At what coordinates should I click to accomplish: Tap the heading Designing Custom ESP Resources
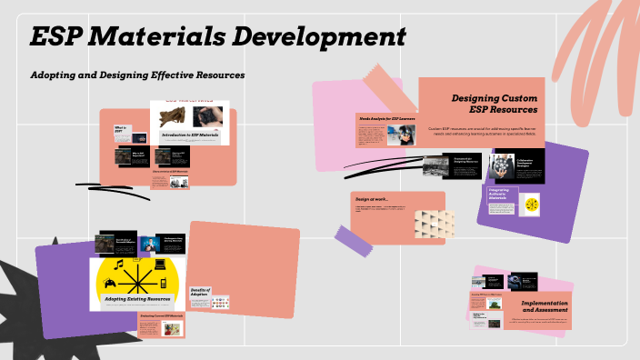pos(496,104)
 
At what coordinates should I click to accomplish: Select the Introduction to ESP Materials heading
pos(191,135)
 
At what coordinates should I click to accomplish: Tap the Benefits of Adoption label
pos(199,295)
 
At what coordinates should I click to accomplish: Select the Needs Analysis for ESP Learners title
pos(387,118)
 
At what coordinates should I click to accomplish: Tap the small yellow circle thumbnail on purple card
pos(528,205)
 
